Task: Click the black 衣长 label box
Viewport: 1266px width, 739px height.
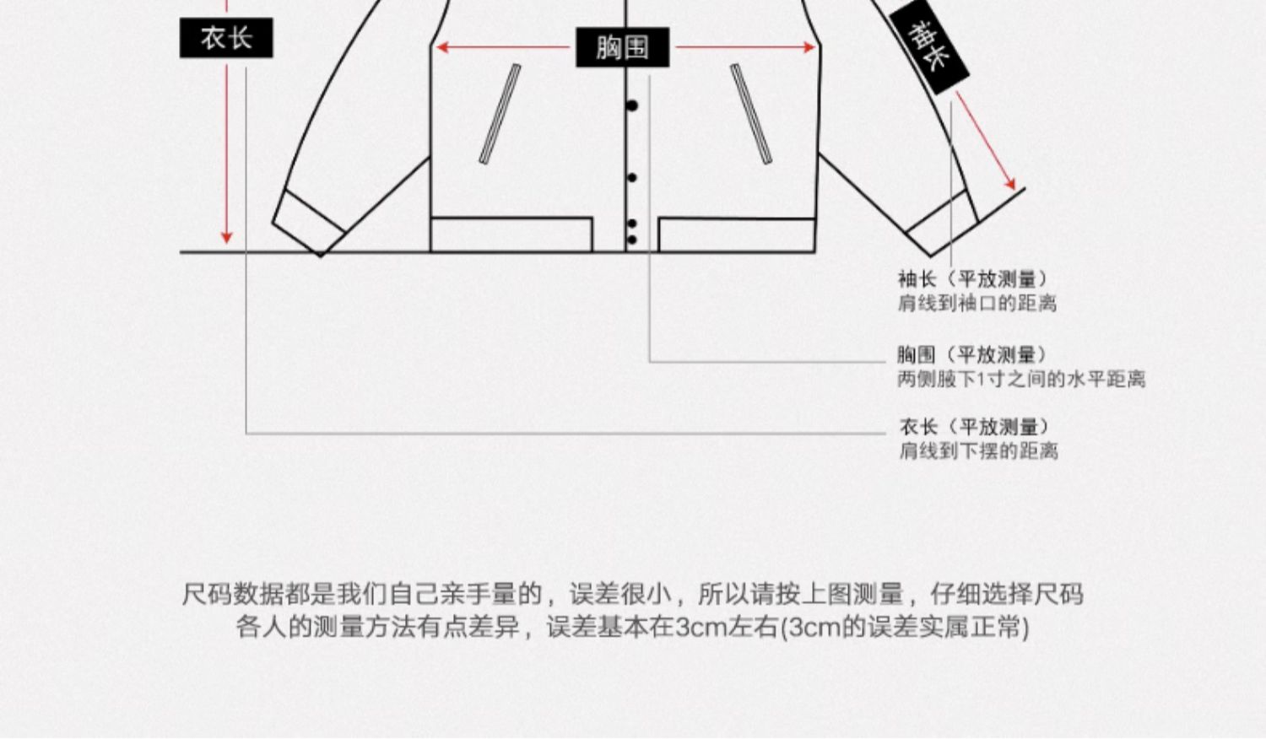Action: point(226,38)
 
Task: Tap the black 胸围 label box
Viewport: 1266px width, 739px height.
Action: point(623,47)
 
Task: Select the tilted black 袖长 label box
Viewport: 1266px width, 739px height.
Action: point(928,47)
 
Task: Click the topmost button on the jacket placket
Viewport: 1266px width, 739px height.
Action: point(631,105)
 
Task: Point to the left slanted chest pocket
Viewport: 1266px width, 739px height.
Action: point(500,114)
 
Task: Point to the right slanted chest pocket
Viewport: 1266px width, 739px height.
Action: point(751,114)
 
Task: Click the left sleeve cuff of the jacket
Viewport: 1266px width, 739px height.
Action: point(308,224)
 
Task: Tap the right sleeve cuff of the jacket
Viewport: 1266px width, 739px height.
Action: point(944,224)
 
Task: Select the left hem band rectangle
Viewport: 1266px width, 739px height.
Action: point(511,235)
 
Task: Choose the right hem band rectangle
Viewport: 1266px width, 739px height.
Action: point(736,235)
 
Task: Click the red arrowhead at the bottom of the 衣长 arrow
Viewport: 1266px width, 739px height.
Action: point(226,238)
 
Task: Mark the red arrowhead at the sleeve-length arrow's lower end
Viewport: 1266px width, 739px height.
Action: point(1009,183)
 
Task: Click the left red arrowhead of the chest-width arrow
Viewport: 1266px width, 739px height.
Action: point(441,48)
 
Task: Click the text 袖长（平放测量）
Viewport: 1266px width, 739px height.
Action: point(971,279)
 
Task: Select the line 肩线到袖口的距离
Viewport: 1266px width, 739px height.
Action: point(977,304)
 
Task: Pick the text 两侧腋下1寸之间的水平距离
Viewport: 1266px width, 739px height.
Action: point(1020,380)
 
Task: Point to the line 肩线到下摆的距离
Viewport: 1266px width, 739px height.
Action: point(978,451)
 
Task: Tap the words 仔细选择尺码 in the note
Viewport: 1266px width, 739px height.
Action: point(1006,595)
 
